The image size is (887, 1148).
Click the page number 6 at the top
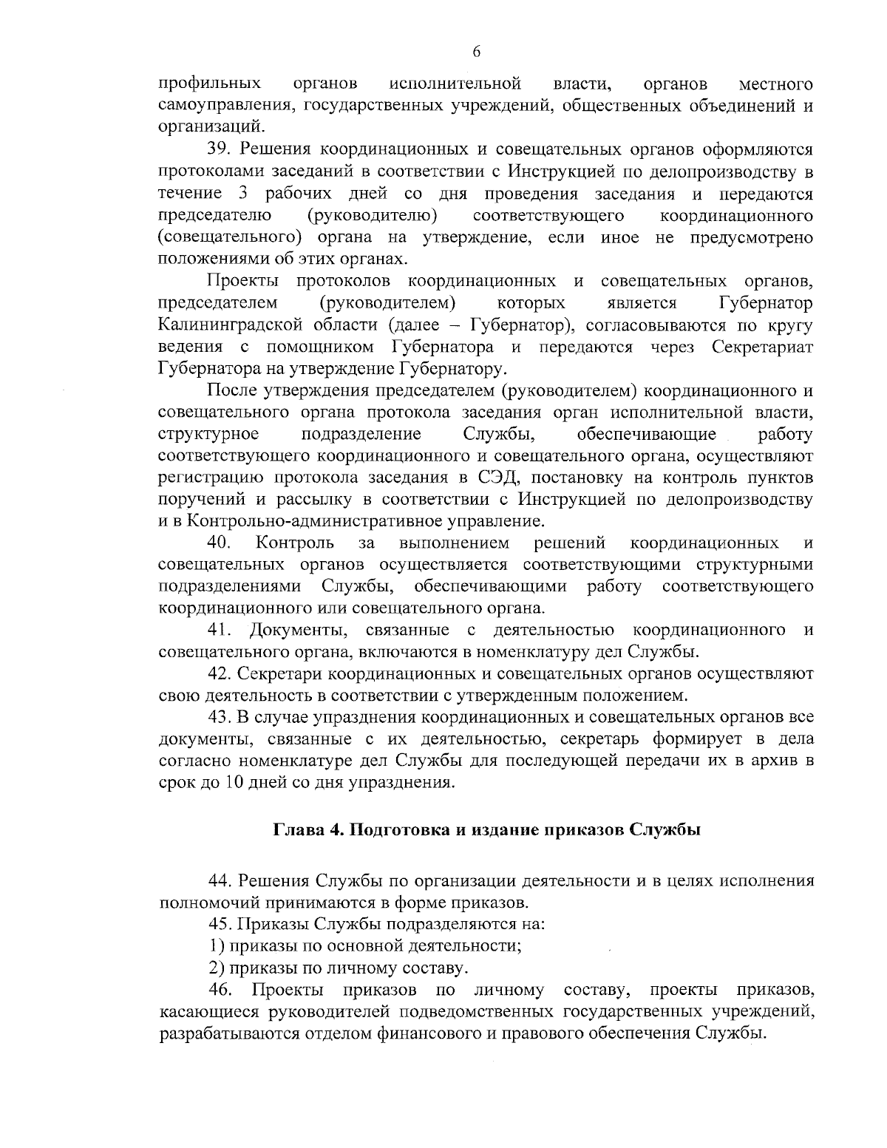(476, 51)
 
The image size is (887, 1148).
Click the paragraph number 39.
(220, 150)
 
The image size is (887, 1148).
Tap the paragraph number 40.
(220, 543)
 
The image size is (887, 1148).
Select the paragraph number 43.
(220, 718)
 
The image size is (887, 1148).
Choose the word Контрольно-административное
(296, 522)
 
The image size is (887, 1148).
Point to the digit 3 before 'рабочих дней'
(244, 194)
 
